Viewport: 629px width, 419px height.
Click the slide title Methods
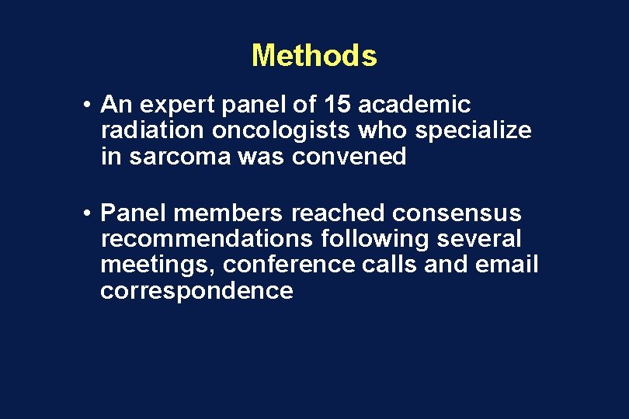point(314,56)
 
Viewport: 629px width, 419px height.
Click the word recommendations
point(206,239)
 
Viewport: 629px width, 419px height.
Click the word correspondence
point(196,292)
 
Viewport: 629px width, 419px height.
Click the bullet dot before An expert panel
point(91,105)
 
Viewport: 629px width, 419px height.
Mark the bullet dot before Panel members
point(91,213)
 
